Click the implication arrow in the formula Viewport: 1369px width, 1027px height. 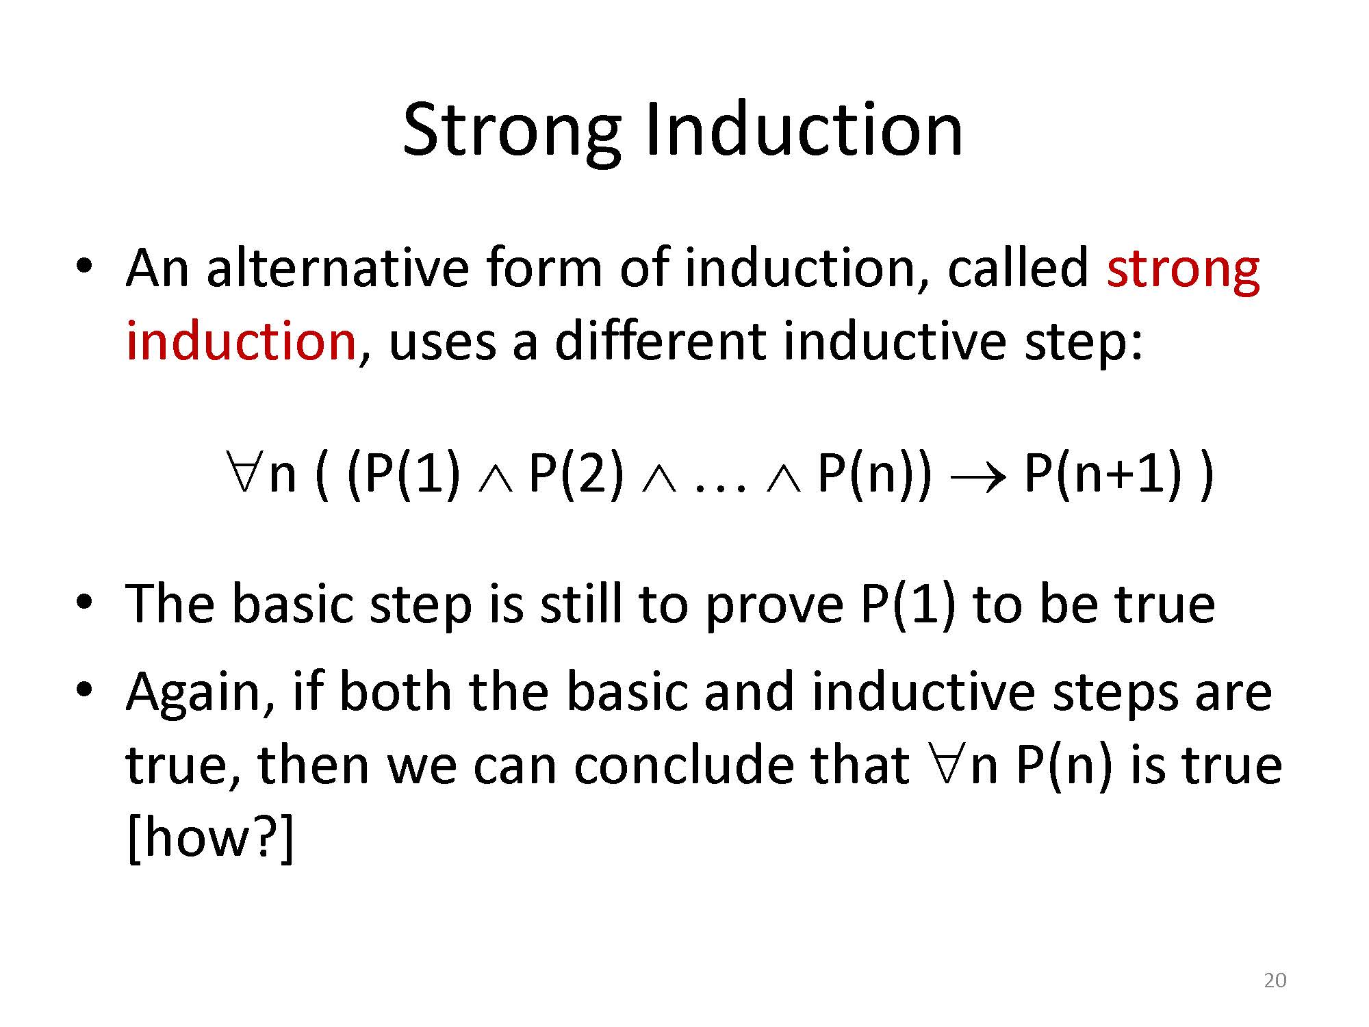(x=977, y=477)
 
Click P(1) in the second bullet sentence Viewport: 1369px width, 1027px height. (x=907, y=605)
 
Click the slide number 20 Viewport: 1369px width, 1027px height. (x=1275, y=980)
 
